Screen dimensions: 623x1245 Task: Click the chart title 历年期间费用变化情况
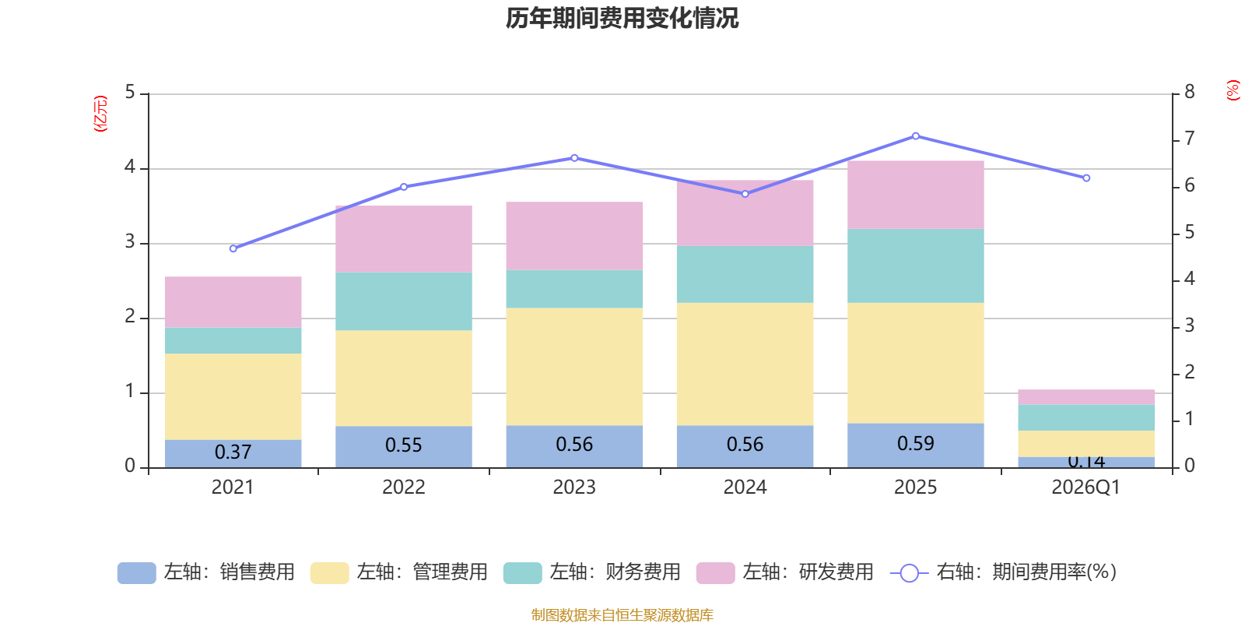coord(622,18)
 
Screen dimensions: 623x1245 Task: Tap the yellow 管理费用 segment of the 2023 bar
coord(574,366)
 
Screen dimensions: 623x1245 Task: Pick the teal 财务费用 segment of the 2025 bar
coord(915,266)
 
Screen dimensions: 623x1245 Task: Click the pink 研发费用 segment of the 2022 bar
coord(403,238)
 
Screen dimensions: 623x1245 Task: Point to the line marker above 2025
coord(915,136)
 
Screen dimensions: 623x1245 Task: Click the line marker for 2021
coord(233,248)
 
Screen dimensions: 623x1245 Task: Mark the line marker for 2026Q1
coord(1086,178)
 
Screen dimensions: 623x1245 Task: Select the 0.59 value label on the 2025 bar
coord(915,443)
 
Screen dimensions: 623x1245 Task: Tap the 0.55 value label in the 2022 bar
coord(403,445)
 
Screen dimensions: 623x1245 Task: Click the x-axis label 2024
coord(745,487)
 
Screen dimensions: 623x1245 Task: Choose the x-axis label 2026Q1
coord(1085,487)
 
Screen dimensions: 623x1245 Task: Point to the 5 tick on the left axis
coord(130,93)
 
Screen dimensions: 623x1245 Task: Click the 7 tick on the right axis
coord(1189,139)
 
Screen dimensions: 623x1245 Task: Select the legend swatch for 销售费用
coord(136,572)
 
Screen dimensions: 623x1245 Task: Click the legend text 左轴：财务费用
coord(615,572)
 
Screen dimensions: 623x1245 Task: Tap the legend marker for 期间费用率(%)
coord(909,573)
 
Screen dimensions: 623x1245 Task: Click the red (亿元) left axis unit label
coord(100,114)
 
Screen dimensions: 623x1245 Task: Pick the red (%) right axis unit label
coord(1233,90)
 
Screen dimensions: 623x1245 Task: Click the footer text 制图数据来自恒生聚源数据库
coord(622,615)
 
